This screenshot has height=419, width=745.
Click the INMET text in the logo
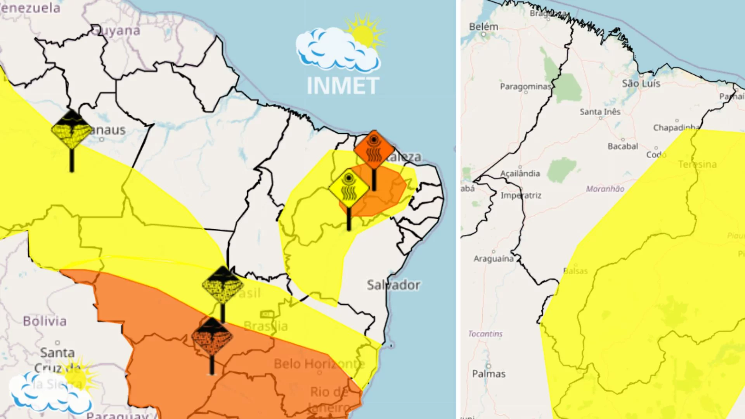(343, 86)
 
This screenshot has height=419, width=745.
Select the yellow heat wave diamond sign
(348, 189)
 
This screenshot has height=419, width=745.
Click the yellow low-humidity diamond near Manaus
(72, 129)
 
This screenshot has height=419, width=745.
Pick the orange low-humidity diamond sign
(212, 336)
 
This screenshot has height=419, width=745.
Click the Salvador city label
(393, 285)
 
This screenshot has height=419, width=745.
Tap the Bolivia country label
(45, 321)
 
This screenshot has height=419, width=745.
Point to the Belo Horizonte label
(319, 364)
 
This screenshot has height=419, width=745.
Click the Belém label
(483, 27)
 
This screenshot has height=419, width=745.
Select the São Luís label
(641, 83)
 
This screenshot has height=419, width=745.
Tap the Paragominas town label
(525, 87)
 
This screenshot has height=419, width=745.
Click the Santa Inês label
(600, 112)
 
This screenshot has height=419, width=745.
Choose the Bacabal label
(623, 146)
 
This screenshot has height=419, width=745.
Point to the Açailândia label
(520, 173)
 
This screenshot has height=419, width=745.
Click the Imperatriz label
(521, 195)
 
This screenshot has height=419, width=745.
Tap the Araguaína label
(493, 258)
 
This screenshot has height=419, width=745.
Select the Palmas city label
(489, 374)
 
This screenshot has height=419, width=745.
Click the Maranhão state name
(605, 189)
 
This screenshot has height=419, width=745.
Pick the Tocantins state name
(485, 334)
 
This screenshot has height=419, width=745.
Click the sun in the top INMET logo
(364, 34)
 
